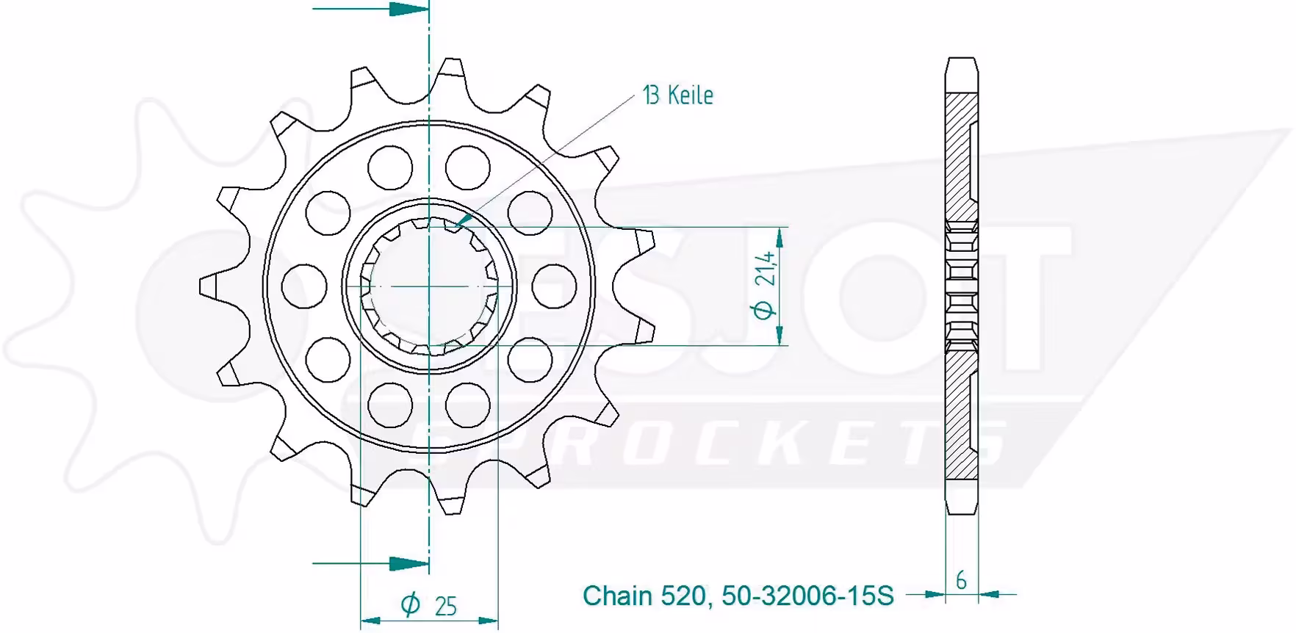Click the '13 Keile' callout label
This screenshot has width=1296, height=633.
click(x=678, y=95)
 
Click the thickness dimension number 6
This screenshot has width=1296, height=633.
click(x=961, y=580)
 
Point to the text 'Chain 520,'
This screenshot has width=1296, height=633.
click(x=646, y=596)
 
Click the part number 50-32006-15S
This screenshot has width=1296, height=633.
click(x=808, y=596)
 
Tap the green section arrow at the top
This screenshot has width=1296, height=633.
click(x=371, y=10)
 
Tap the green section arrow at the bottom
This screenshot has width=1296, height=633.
click(x=371, y=563)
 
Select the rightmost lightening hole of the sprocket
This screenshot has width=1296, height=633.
click(x=553, y=286)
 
